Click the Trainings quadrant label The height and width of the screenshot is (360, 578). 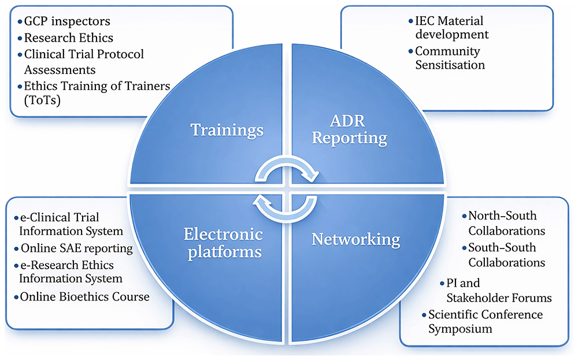227,130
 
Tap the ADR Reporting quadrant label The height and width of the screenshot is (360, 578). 349,129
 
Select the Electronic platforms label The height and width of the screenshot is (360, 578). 223,243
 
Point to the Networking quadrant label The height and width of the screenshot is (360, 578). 355,239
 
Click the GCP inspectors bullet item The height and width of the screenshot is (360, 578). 67,21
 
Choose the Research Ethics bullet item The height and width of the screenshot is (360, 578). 69,38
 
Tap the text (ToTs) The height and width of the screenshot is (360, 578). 42,100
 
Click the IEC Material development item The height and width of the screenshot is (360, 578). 452,27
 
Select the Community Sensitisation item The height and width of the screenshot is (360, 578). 450,58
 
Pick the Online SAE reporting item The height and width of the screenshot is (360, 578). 77,248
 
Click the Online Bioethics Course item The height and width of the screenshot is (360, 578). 85,296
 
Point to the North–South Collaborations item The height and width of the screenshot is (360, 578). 506,223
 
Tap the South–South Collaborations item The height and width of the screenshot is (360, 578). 506,255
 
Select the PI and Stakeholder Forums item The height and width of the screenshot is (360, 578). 499,290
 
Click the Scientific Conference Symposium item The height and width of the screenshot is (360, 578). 486,321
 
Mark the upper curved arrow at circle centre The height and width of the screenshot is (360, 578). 287,163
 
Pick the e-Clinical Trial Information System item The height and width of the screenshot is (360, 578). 71,224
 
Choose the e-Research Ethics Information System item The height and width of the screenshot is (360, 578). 71,272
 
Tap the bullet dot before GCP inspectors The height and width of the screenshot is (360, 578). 20,22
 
